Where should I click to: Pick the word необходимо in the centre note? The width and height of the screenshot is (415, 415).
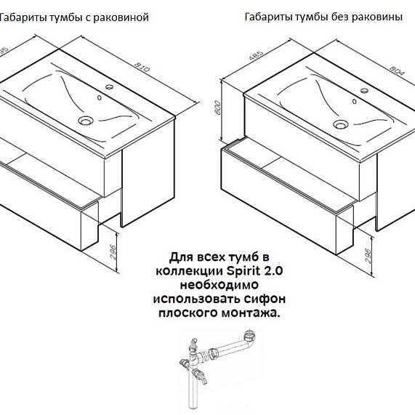tap(219, 285)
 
